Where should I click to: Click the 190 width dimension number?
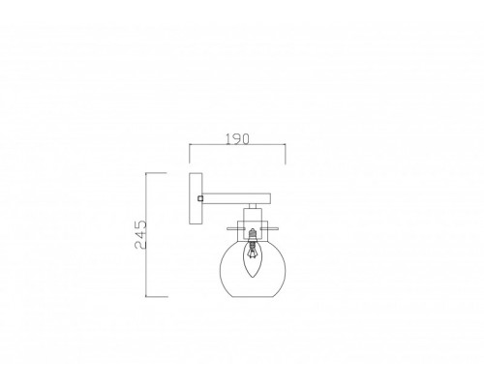coord(237,139)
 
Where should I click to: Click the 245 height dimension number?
coord(140,235)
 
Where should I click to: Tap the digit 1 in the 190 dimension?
coord(227,139)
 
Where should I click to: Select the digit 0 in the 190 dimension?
coord(245,139)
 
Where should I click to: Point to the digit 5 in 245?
coord(140,224)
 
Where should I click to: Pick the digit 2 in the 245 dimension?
coord(140,245)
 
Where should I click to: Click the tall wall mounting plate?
coord(196,198)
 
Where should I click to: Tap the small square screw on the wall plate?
coord(200,198)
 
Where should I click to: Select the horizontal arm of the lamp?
coord(236,198)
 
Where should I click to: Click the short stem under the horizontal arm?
coord(253,206)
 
